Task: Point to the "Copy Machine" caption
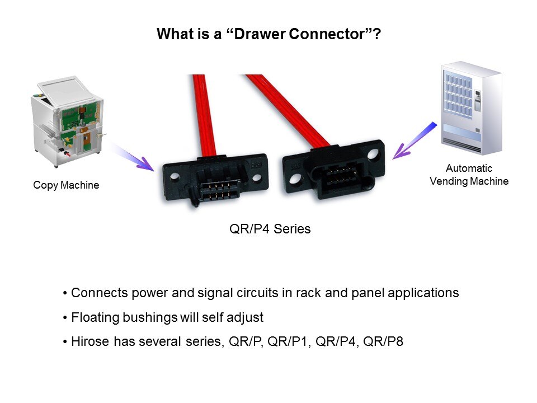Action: pyautogui.click(x=66, y=185)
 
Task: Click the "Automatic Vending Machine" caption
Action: pyautogui.click(x=469, y=175)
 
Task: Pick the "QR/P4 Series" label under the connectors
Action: pyautogui.click(x=270, y=229)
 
